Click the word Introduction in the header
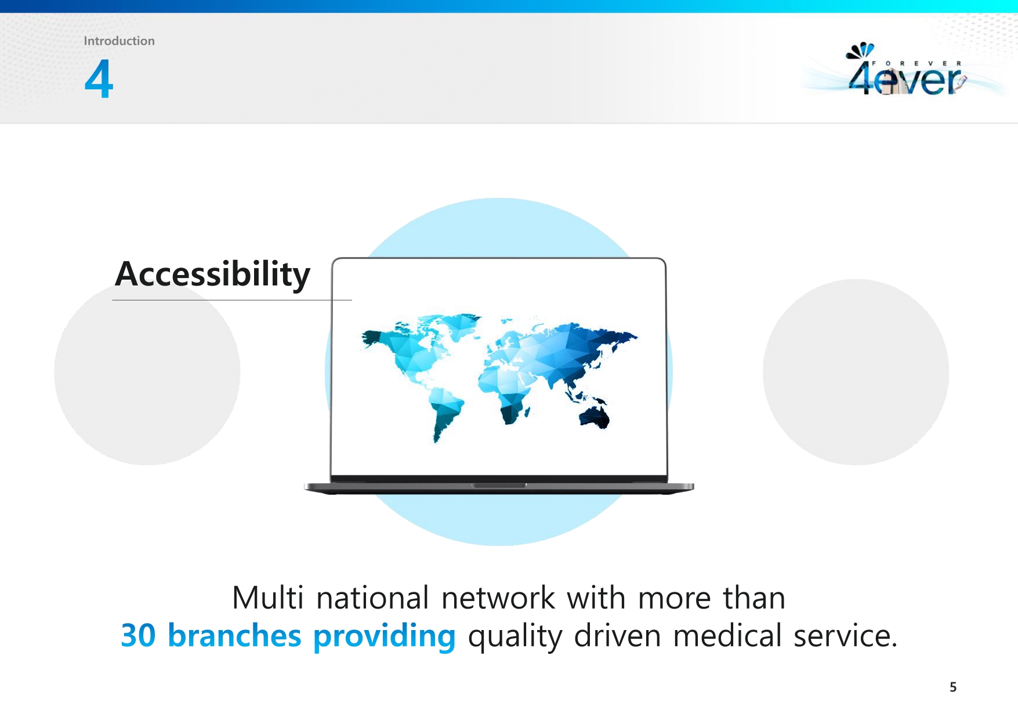119,41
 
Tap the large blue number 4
99,78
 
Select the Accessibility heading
212,274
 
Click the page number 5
953,687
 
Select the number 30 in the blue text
138,635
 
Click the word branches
234,635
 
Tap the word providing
385,636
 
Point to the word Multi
267,598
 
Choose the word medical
727,635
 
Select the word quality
515,637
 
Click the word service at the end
845,636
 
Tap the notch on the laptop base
499,485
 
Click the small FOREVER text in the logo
916,63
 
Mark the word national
372,598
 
